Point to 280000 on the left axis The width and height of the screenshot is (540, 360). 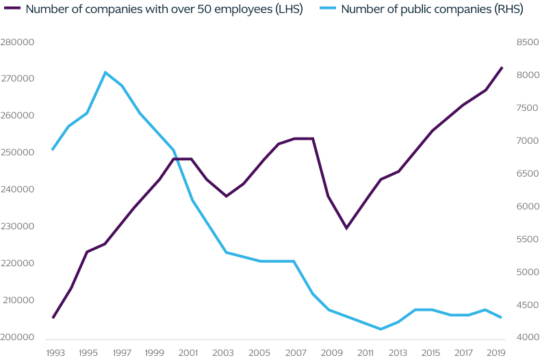(18, 42)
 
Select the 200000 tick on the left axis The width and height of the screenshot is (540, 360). (18, 337)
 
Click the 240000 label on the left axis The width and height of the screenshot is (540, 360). (18, 190)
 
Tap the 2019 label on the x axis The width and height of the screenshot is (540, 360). (493, 352)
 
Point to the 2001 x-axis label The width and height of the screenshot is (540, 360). (190, 352)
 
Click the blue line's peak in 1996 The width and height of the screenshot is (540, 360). (105, 72)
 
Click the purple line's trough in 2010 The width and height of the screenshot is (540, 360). (346, 228)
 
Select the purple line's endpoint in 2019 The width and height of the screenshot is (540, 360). (502, 67)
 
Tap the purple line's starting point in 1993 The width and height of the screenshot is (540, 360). (53, 318)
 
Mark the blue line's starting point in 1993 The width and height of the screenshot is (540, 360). (53, 150)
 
